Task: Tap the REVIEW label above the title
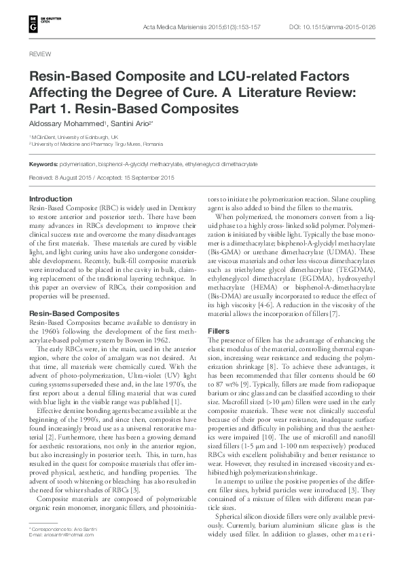(x=40, y=53)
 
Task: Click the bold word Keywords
(x=43, y=164)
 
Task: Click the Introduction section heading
(x=52, y=198)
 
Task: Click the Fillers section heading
(x=217, y=330)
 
